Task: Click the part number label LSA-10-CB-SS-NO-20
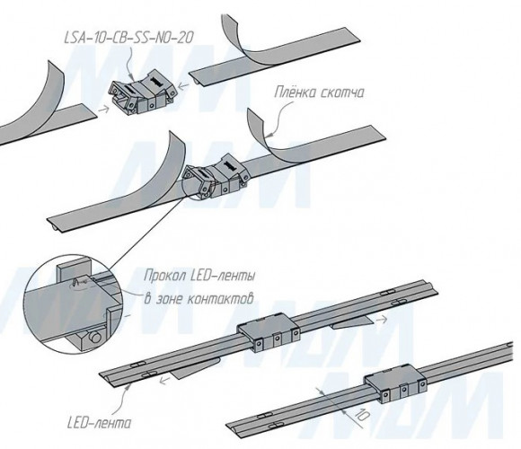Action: (x=128, y=38)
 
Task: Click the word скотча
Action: (x=342, y=93)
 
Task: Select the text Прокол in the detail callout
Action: (x=163, y=276)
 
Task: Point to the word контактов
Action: (x=220, y=299)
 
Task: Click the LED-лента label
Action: (x=99, y=423)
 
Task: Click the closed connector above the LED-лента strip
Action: (x=269, y=332)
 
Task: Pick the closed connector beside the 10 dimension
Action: (x=395, y=383)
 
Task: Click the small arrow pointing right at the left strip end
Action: (x=103, y=109)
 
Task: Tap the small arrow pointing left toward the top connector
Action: (x=183, y=85)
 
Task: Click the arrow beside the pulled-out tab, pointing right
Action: (x=382, y=320)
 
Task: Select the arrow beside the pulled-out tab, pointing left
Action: (x=163, y=380)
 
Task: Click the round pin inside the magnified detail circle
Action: (x=96, y=338)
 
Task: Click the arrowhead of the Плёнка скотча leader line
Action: (x=270, y=135)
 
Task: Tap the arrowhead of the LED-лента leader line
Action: (x=129, y=384)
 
